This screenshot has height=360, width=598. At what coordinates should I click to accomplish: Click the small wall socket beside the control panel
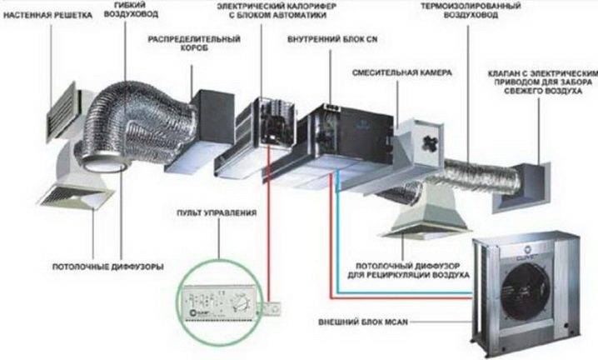(268, 307)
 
